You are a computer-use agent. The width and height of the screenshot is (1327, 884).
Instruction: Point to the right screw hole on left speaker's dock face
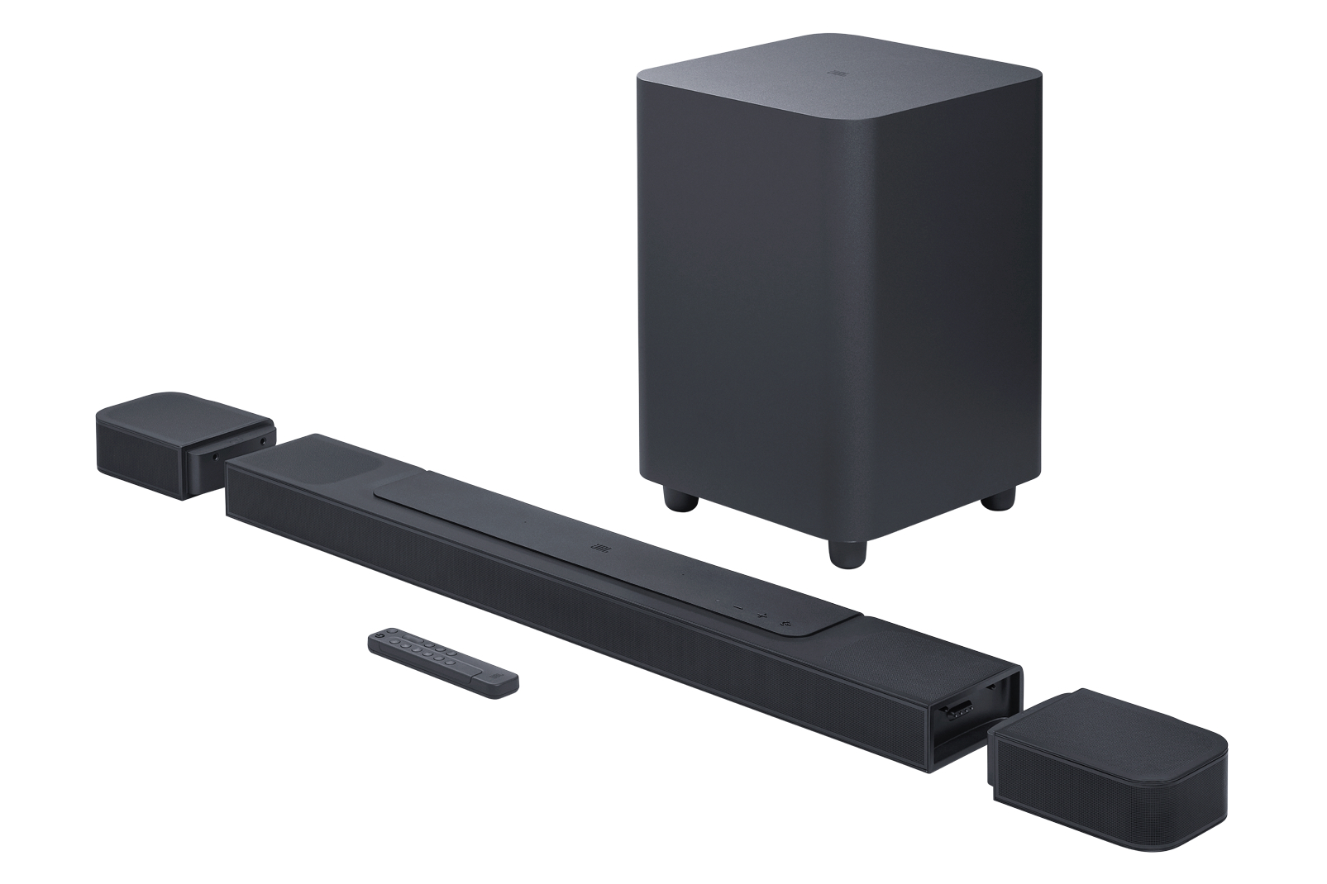click(x=262, y=442)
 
